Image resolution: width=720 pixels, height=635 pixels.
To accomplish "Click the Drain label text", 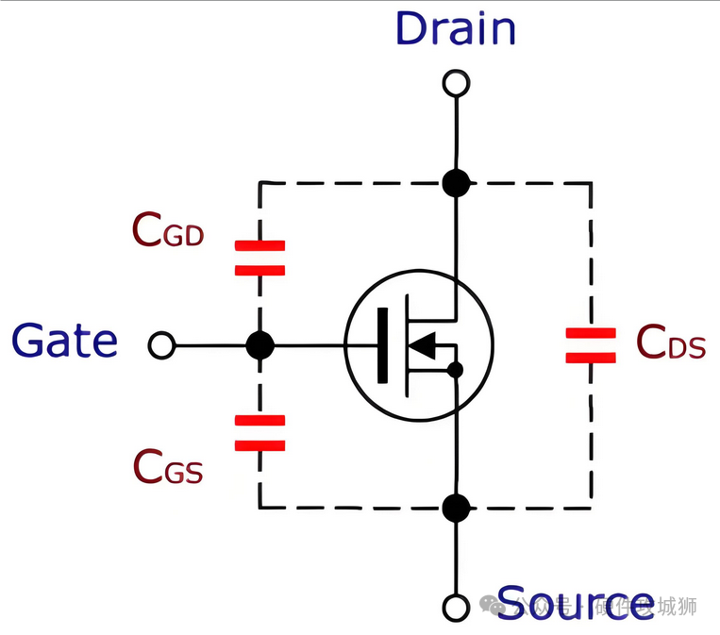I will pyautogui.click(x=456, y=28).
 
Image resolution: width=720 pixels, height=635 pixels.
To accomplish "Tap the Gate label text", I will pyautogui.click(x=65, y=341).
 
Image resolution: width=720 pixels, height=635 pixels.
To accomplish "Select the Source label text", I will pyautogui.click(x=575, y=602).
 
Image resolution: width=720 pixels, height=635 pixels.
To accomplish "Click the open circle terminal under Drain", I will pyautogui.click(x=456, y=84).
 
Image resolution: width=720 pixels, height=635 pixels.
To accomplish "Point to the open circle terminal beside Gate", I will pyautogui.click(x=162, y=346).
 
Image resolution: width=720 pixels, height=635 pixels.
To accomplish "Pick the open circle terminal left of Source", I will pyautogui.click(x=456, y=607).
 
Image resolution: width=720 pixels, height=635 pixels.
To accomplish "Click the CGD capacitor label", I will pyautogui.click(x=168, y=230).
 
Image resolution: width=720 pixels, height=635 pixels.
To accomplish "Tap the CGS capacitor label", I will pyautogui.click(x=168, y=466).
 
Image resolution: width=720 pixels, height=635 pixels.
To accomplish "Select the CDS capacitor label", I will pyautogui.click(x=671, y=343).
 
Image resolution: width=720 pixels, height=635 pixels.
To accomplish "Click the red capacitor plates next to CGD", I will pyautogui.click(x=260, y=258).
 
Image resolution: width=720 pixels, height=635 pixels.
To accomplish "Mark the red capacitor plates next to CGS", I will pyautogui.click(x=260, y=433).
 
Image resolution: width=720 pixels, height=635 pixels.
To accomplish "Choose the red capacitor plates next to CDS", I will pyautogui.click(x=591, y=345).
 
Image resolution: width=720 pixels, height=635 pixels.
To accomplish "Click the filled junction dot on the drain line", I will pyautogui.click(x=456, y=182).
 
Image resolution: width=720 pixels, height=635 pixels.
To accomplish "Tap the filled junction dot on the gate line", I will pyautogui.click(x=260, y=346).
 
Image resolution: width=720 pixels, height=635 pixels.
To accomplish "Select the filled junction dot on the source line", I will pyautogui.click(x=456, y=509).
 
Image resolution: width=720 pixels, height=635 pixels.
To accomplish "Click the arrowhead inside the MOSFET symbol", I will pyautogui.click(x=427, y=346).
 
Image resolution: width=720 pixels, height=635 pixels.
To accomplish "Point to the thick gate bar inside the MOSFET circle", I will pyautogui.click(x=382, y=346).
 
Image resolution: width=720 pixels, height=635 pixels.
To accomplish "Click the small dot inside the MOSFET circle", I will pyautogui.click(x=456, y=369).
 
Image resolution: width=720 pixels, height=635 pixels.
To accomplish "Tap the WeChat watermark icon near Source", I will pyautogui.click(x=491, y=605).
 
